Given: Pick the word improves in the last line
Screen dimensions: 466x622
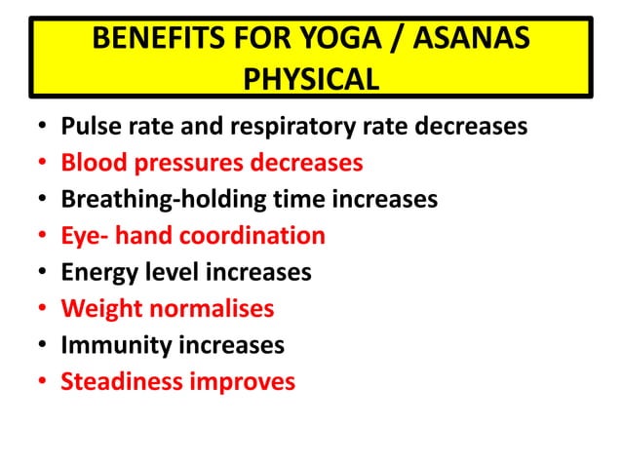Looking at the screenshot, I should tap(243, 381).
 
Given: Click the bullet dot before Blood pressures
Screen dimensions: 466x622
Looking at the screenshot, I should tap(43, 163).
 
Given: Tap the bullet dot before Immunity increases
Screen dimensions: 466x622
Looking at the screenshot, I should tap(43, 345).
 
